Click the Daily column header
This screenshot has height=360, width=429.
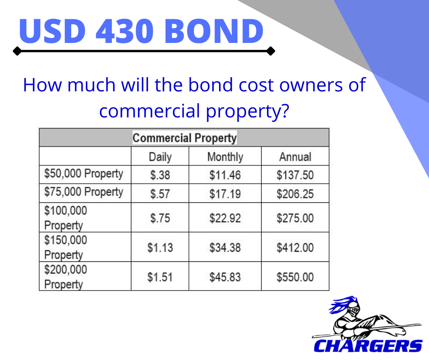pyautogui.click(x=160, y=157)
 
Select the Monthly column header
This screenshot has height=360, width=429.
pyautogui.click(x=225, y=157)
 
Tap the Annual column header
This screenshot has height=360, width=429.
pyautogui.click(x=295, y=157)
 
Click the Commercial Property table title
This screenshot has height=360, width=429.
pyautogui.click(x=184, y=138)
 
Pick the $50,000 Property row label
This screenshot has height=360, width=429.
pyautogui.click(x=84, y=174)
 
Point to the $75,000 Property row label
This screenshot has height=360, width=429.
pyautogui.click(x=84, y=192)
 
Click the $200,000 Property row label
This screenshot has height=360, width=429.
pyautogui.click(x=66, y=277)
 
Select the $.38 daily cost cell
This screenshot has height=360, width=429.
pyautogui.click(x=160, y=175)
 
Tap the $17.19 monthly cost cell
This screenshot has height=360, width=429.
pyautogui.click(x=225, y=194)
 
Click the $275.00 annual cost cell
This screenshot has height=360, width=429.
pyautogui.click(x=295, y=218)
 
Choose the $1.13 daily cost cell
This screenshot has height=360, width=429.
pyautogui.click(x=160, y=248)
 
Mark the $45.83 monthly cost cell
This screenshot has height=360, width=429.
pyautogui.click(x=225, y=277)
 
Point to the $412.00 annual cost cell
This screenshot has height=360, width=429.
pyautogui.click(x=295, y=248)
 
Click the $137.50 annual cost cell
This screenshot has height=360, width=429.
pyautogui.click(x=295, y=175)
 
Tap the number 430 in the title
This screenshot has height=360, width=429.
pyautogui.click(x=125, y=31)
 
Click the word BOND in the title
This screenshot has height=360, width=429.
pyautogui.click(x=214, y=31)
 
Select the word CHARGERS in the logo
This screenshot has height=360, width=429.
pyautogui.click(x=368, y=346)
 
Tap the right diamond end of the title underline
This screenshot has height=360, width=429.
pyautogui.click(x=271, y=51)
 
